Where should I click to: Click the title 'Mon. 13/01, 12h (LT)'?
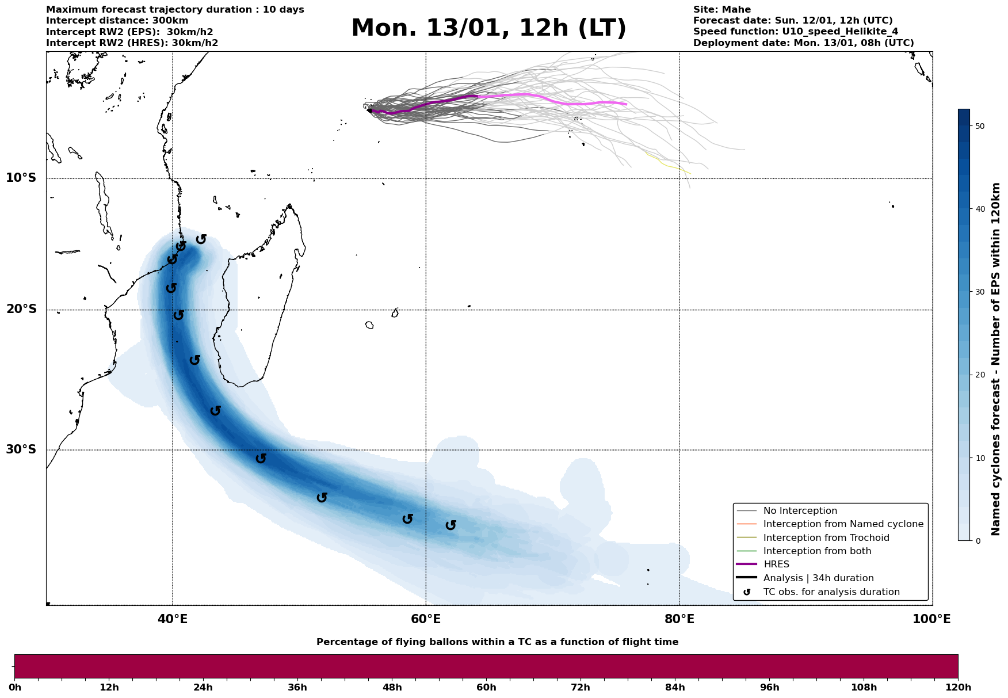pyautogui.click(x=488, y=28)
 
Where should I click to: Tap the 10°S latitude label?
pyautogui.click(x=21, y=178)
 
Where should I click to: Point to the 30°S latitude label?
pyautogui.click(x=21, y=449)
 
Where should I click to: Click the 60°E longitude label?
pyautogui.click(x=426, y=619)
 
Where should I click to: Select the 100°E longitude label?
pyautogui.click(x=931, y=619)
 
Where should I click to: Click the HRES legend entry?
pyautogui.click(x=776, y=564)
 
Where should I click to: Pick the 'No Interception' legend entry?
pyautogui.click(x=800, y=511)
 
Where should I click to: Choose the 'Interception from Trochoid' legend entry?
pyautogui.click(x=826, y=538)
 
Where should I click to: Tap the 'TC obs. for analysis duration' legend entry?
pyautogui.click(x=831, y=592)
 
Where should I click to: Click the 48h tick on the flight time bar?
pyautogui.click(x=392, y=688)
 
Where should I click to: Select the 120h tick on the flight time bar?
pyautogui.click(x=958, y=688)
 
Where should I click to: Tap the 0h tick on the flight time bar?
pyautogui.click(x=15, y=688)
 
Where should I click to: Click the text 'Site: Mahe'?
pyautogui.click(x=721, y=10)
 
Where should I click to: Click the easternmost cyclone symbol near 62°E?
pyautogui.click(x=451, y=525)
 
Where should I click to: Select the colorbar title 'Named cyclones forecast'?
pyautogui.click(x=996, y=359)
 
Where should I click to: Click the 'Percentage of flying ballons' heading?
pyautogui.click(x=497, y=642)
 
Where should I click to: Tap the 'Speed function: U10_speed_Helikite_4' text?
pyautogui.click(x=795, y=32)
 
